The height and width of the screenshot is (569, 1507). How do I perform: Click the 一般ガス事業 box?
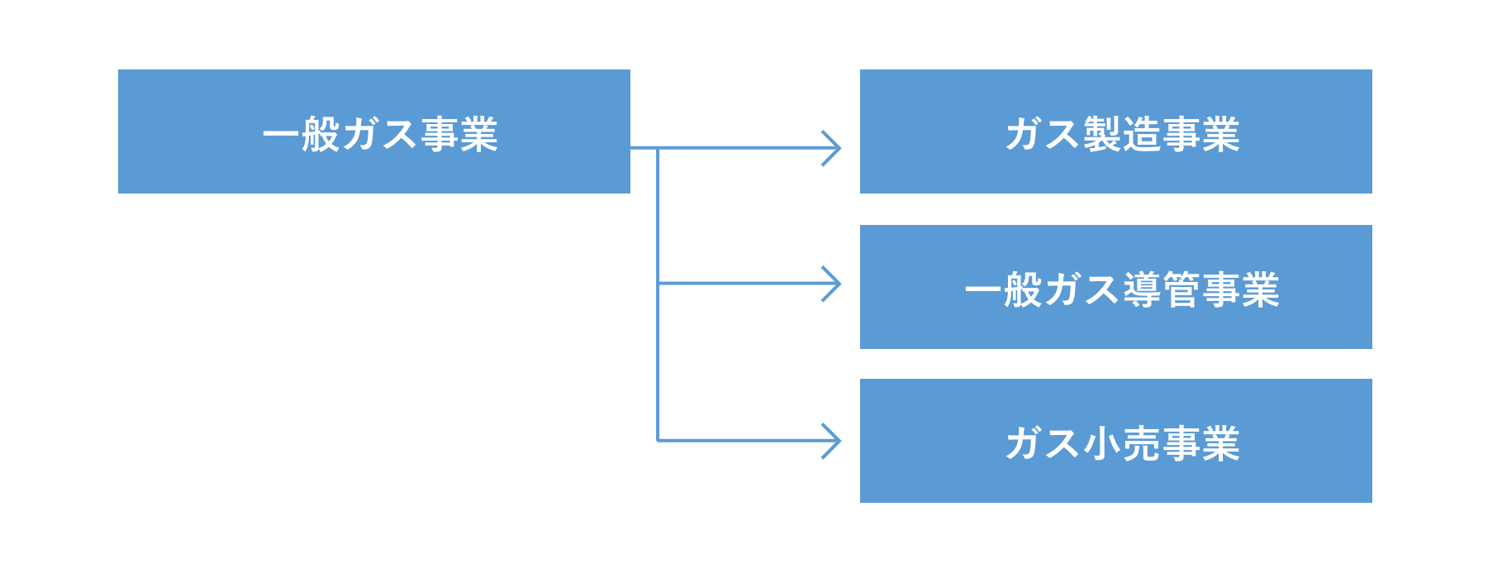[x=374, y=131]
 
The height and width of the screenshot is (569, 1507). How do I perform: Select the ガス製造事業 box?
[x=1116, y=131]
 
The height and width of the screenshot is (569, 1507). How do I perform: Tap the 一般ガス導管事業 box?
[x=1116, y=287]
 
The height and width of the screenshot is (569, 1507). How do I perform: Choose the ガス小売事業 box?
[x=1116, y=441]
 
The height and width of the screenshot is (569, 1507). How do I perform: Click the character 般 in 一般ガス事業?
[x=321, y=134]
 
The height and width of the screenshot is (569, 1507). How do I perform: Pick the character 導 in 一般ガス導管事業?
[x=1143, y=289]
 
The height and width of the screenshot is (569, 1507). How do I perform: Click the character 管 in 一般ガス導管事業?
[x=1182, y=289]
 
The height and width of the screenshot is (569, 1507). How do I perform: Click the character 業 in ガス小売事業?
[x=1221, y=443]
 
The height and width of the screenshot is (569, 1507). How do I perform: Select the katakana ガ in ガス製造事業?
[x=1024, y=134]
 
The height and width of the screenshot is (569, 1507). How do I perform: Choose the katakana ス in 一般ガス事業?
[x=399, y=134]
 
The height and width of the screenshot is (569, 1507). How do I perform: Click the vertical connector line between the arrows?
[x=658, y=294]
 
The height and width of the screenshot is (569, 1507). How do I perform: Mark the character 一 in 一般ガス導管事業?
[x=983, y=289]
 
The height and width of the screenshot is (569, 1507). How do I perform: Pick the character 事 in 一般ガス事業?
[x=440, y=134]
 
